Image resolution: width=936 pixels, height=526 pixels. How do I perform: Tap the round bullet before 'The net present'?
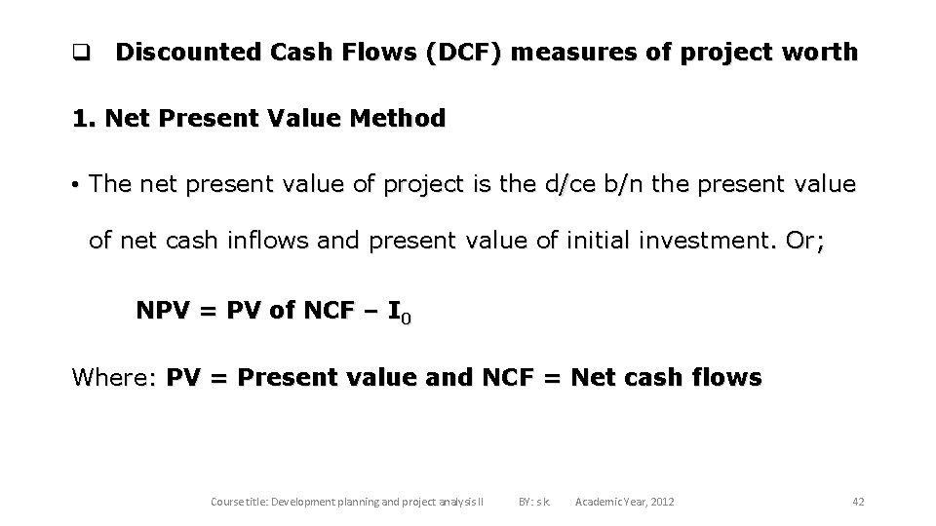coord(75,184)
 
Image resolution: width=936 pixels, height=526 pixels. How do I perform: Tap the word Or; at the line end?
coord(802,241)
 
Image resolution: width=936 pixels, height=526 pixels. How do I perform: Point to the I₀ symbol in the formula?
coord(400,313)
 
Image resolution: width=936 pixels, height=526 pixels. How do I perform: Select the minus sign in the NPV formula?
coord(370,311)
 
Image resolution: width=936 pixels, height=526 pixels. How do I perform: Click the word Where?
coord(115,377)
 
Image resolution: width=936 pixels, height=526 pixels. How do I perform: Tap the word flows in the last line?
coord(722,377)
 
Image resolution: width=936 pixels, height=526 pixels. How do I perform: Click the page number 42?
coord(858,502)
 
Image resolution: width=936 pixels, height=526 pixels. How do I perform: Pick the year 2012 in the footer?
coord(659,502)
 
